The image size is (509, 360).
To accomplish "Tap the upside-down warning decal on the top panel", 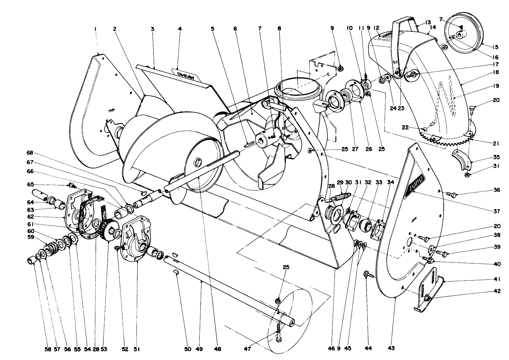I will pos(187,75).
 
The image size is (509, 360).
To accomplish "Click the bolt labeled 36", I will pos(451,194).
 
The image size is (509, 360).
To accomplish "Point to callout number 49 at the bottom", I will pos(201,349).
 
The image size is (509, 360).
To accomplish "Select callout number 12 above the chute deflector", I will pos(376,28).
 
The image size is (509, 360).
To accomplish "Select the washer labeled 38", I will pos(432,248).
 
